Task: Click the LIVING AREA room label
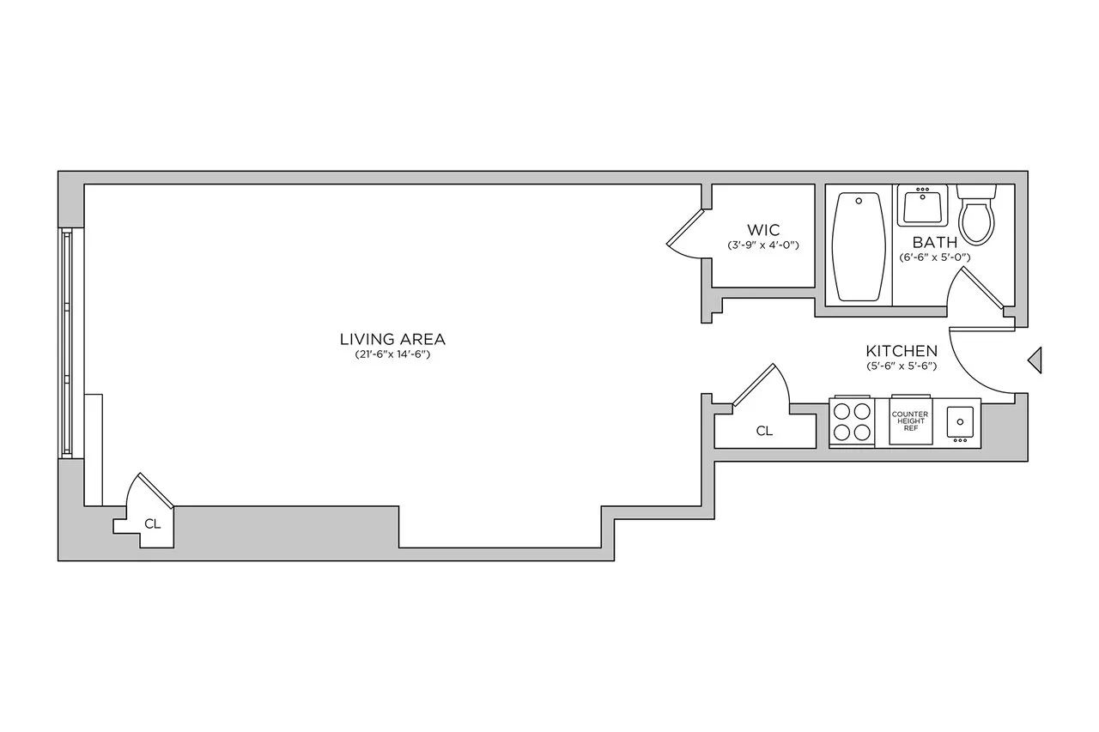coord(392,338)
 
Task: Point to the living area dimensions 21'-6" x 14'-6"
coord(392,354)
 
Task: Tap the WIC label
coord(762,230)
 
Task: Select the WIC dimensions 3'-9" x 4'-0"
coord(762,245)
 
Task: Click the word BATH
coord(934,243)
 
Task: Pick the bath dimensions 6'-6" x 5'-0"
coord(934,257)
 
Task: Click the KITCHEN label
coord(901,351)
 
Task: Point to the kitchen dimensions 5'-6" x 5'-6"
coord(901,366)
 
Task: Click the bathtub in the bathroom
coord(859,245)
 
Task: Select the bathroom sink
coord(922,206)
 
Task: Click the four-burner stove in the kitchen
coord(852,422)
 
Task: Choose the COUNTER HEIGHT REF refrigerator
coord(909,421)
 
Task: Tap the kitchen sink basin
coord(960,421)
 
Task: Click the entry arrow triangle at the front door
coord(1035,360)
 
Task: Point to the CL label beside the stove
coord(764,432)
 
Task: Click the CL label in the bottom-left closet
coord(152,523)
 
